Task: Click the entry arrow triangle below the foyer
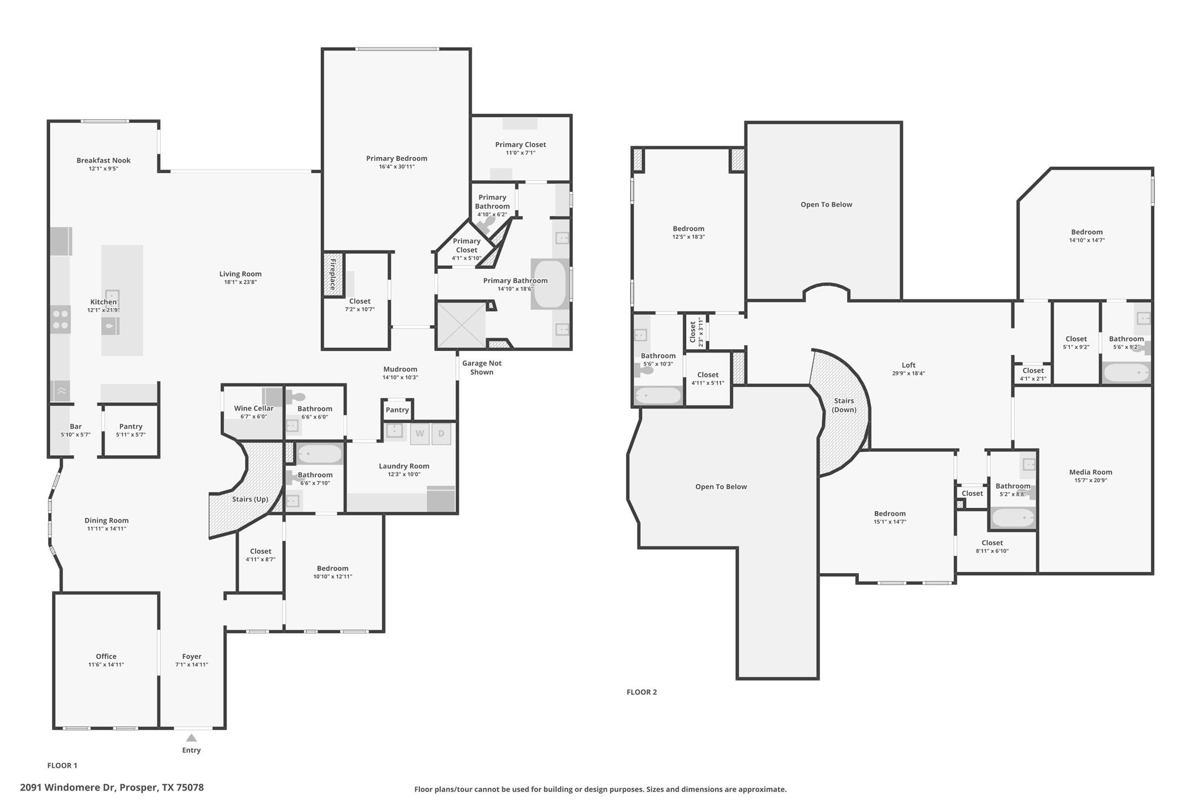(191, 738)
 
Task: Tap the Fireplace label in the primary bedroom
(333, 274)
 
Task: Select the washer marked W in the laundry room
(420, 434)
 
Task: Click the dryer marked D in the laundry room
(441, 434)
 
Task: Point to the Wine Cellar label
(253, 408)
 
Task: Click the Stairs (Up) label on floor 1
(250, 499)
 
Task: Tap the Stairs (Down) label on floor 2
(844, 405)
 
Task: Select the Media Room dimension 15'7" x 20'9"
(1090, 480)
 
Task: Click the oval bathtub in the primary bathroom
(549, 284)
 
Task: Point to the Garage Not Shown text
(482, 367)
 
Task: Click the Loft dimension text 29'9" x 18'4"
(908, 373)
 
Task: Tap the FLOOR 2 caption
(641, 692)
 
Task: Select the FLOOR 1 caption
(62, 766)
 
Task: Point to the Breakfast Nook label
(103, 160)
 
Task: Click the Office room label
(106, 656)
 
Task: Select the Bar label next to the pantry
(76, 426)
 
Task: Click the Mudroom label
(400, 369)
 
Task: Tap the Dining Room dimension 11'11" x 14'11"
(106, 529)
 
